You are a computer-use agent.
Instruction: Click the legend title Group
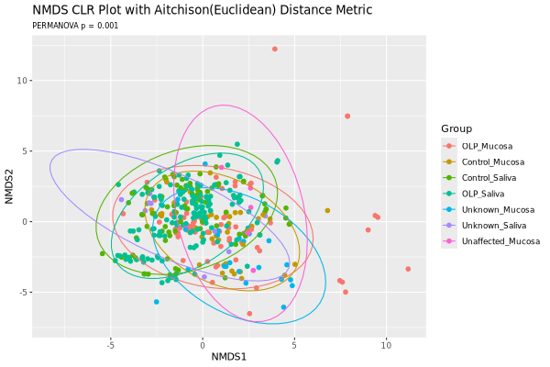(x=456, y=128)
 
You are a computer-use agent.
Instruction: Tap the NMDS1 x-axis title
(x=229, y=356)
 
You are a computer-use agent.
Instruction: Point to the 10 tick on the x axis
(x=386, y=345)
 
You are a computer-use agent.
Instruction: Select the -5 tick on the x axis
(x=110, y=345)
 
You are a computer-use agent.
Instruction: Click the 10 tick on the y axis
(x=20, y=81)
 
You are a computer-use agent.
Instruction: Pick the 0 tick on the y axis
(x=23, y=221)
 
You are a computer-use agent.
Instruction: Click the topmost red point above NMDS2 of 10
(x=275, y=49)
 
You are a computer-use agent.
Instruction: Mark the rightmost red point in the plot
(x=408, y=269)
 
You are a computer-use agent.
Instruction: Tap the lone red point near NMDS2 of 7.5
(x=347, y=116)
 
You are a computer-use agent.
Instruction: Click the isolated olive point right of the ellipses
(x=327, y=210)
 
